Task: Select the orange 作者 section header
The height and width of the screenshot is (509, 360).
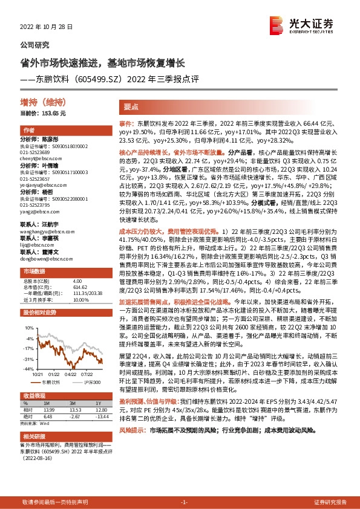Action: click(x=28, y=131)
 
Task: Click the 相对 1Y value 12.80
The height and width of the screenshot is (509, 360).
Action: click(x=100, y=409)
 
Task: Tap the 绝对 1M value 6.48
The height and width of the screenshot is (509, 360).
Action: click(x=48, y=415)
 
